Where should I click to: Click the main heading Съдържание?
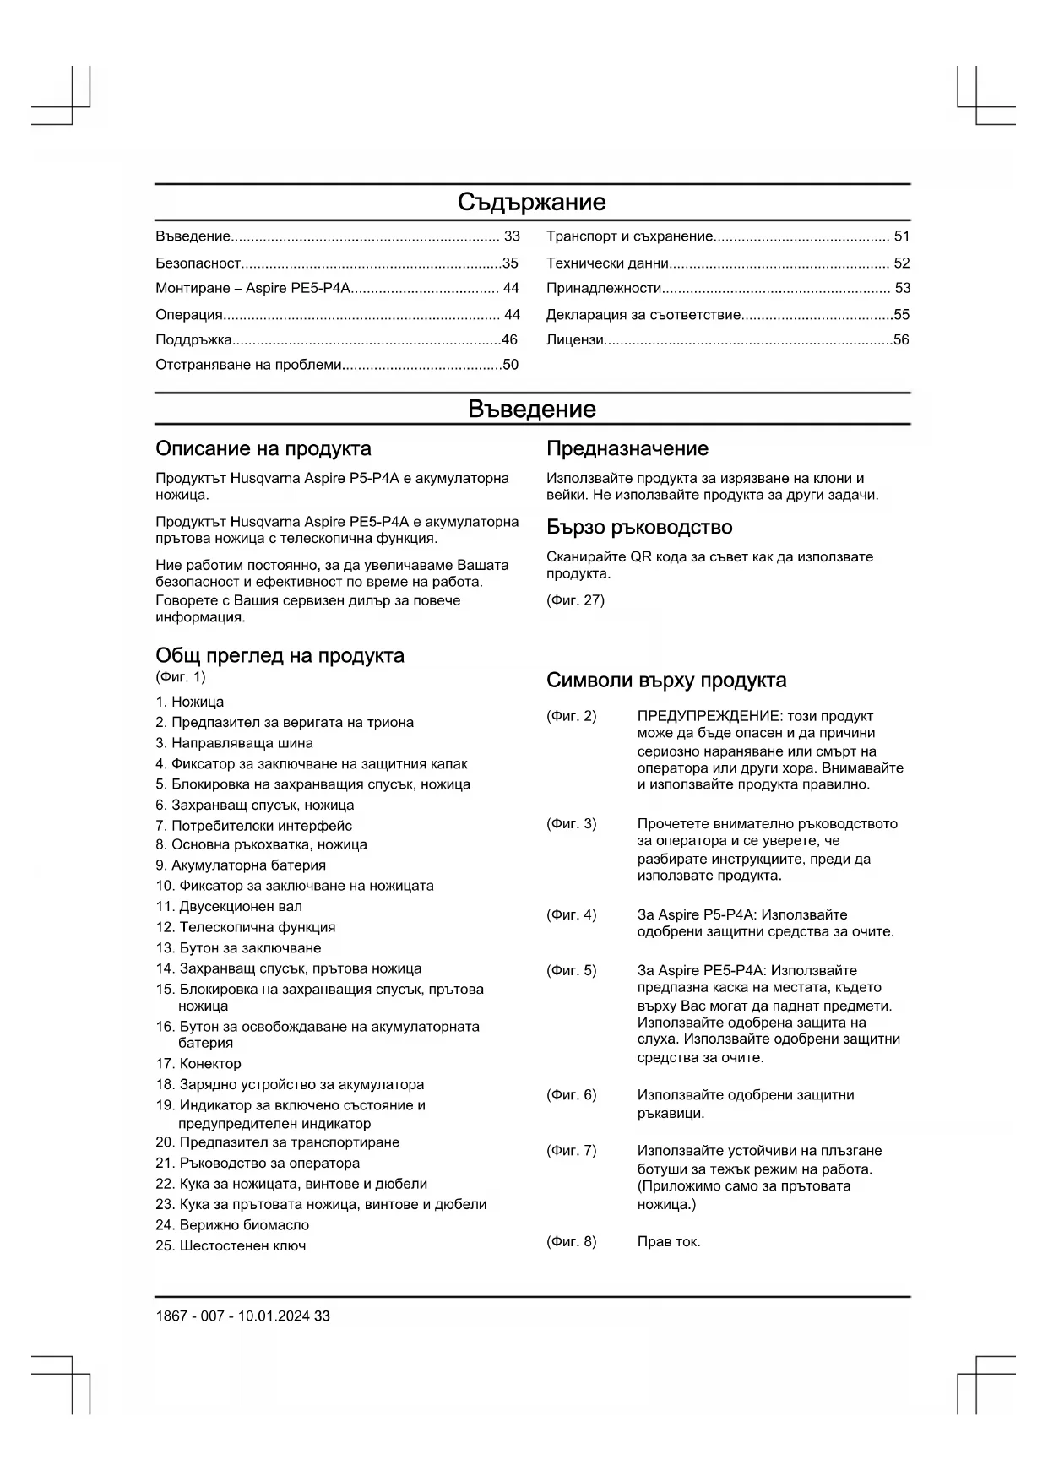pos(531,203)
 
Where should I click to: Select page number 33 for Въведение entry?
pos(512,236)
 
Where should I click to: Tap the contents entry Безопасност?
pos(198,263)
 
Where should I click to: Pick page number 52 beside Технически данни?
pos(902,263)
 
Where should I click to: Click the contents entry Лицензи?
pos(575,340)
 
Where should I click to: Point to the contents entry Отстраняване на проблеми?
pos(248,365)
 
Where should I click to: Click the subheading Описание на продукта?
pos(263,448)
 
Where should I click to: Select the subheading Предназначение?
pos(627,448)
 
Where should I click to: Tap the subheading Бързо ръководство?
pos(638,528)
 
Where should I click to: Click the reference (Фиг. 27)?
pos(575,600)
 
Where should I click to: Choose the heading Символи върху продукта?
pos(665,681)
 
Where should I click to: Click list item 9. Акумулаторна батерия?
pos(240,865)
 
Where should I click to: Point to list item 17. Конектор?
pos(198,1064)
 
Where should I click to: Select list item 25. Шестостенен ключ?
pos(231,1246)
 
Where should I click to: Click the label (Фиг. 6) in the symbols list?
pos(571,1095)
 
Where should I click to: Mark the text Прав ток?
pos(669,1242)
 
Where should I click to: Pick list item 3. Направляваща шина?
pos(234,743)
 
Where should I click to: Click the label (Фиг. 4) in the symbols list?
pos(571,915)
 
